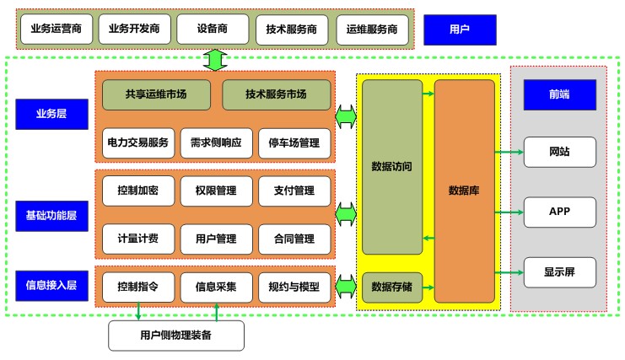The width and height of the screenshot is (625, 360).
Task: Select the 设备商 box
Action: (211, 30)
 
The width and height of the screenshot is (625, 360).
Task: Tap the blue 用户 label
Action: (459, 30)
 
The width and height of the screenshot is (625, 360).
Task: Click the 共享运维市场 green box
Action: (156, 94)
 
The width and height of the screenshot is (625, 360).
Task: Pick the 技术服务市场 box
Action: (276, 94)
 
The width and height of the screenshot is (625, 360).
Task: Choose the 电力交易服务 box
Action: (137, 142)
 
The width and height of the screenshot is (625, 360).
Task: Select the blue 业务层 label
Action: (51, 114)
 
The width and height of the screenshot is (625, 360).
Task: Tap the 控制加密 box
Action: (137, 191)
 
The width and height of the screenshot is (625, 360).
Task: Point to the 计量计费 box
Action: (137, 239)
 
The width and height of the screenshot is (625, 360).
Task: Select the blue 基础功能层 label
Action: (51, 216)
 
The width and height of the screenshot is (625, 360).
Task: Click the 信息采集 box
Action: (216, 287)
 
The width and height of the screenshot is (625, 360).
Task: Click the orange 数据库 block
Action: (464, 191)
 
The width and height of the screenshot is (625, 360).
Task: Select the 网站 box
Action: (559, 152)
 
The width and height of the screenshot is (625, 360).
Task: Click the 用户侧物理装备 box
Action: (176, 336)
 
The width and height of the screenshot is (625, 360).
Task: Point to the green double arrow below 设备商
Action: (216, 60)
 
